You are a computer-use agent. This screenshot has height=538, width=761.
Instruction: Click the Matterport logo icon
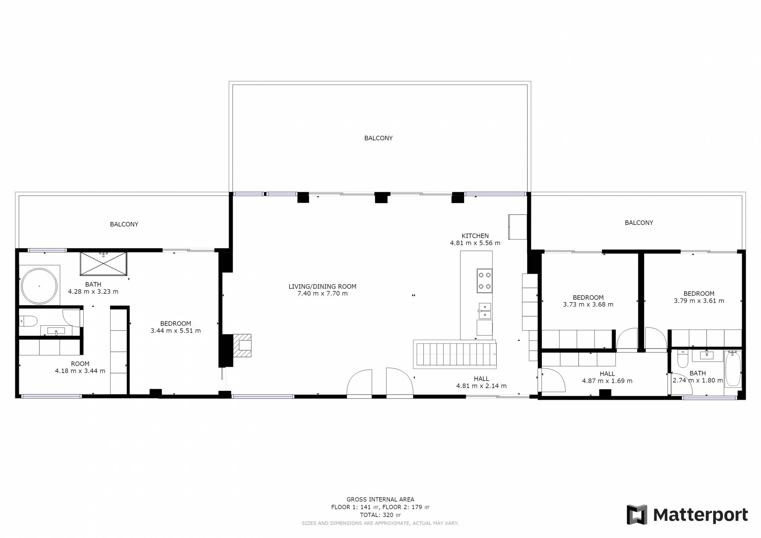[637, 515]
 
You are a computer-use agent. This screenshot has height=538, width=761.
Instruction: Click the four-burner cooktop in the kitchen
[484, 281]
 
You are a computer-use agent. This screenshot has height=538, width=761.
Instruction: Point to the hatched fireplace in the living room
[242, 345]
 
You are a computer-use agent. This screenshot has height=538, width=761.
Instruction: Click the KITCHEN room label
[475, 236]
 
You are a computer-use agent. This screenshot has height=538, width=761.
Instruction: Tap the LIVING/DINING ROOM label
[322, 287]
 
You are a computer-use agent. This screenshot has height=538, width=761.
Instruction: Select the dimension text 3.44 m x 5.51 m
[176, 331]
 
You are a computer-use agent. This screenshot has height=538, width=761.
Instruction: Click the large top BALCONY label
[379, 138]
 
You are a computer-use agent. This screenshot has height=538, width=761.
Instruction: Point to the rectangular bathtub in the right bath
[733, 368]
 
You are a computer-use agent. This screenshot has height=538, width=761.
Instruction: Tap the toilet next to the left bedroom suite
[28, 320]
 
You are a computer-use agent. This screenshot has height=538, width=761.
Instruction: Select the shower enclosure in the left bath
[103, 264]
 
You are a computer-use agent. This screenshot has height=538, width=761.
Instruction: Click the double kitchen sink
[484, 311]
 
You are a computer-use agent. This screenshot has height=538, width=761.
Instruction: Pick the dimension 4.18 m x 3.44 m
[80, 371]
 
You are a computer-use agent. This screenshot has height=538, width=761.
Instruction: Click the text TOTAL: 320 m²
[380, 515]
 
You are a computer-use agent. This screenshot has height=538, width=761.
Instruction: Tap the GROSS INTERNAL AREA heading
[380, 500]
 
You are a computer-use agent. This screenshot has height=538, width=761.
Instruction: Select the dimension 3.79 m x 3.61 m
[699, 301]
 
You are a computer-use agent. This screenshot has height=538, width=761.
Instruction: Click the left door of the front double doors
[359, 383]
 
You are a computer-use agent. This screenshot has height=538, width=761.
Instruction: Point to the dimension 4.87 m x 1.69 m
[607, 381]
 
